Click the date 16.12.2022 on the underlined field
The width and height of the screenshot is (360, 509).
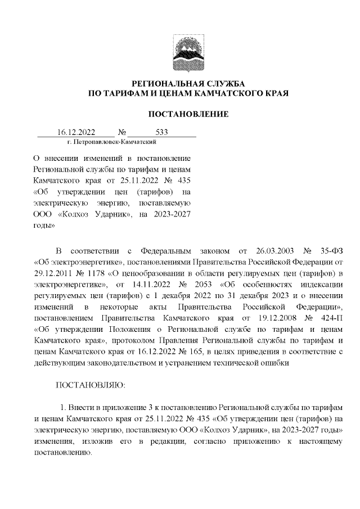point(76,133)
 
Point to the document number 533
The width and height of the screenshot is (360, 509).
point(162,133)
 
